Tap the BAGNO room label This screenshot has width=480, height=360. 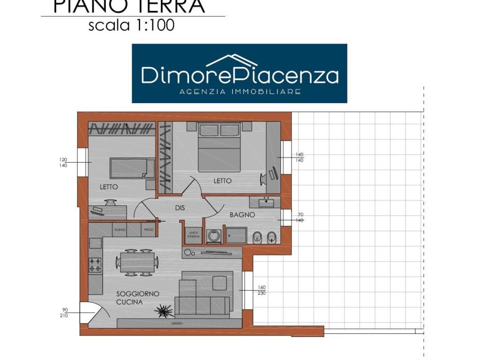(x=242, y=215)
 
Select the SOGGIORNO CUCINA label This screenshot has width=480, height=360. (x=137, y=298)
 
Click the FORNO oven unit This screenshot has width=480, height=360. (x=120, y=230)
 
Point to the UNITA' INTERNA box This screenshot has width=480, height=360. (x=193, y=235)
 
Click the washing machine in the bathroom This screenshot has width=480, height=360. (x=214, y=236)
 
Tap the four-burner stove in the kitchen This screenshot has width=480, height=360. (x=96, y=265)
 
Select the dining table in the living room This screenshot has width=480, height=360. (x=137, y=262)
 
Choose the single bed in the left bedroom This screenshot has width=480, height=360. (x=132, y=168)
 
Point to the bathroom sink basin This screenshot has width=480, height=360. (x=266, y=202)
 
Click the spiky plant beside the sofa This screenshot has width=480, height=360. (x=165, y=309)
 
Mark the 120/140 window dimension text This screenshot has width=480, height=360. (x=63, y=162)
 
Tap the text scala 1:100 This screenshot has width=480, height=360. (x=131, y=25)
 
